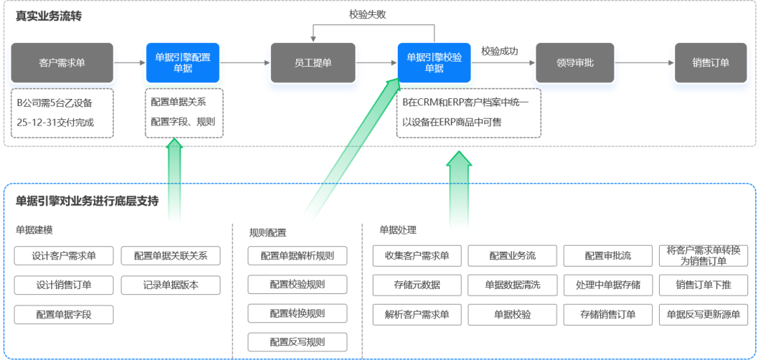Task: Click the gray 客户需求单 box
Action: (62, 63)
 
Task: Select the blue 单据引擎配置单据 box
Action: (182, 63)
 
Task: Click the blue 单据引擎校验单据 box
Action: (434, 63)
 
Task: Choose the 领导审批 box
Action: (575, 63)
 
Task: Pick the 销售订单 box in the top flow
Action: (710, 63)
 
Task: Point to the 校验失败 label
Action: (368, 14)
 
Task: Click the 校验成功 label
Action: (500, 51)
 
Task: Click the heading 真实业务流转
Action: (48, 15)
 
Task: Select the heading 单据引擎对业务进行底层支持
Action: (87, 201)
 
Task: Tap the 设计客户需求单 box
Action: (64, 256)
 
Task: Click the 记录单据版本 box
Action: (171, 286)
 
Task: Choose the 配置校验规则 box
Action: (297, 285)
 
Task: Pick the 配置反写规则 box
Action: (297, 342)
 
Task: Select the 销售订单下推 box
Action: (703, 286)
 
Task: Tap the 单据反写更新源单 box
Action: (703, 315)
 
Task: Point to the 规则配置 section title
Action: (267, 232)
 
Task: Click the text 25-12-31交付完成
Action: (55, 122)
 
